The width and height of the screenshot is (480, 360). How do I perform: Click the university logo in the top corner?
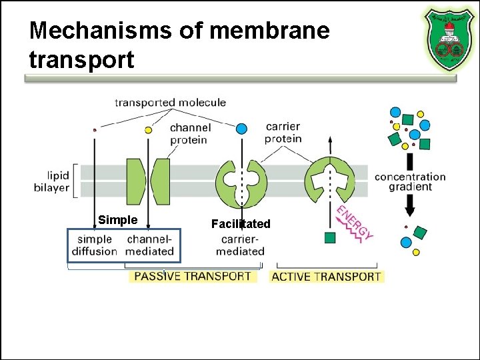click(x=449, y=39)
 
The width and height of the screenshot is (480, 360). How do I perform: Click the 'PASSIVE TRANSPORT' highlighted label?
click(x=193, y=275)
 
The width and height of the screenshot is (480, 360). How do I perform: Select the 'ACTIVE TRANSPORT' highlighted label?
click(x=326, y=276)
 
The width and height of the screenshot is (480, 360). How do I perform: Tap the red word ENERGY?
click(x=354, y=223)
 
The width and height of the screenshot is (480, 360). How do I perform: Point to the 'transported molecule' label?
click(x=170, y=103)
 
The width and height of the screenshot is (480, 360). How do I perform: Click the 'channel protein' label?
click(x=190, y=133)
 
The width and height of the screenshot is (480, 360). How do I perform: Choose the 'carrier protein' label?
click(x=283, y=133)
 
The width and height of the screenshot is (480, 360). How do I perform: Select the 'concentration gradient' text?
click(x=410, y=182)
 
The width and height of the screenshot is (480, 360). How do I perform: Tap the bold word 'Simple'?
click(x=117, y=220)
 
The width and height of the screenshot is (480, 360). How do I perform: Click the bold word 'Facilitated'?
click(x=241, y=224)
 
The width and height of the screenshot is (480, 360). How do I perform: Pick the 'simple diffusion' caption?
click(x=95, y=245)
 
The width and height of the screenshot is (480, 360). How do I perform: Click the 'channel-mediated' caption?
click(x=149, y=245)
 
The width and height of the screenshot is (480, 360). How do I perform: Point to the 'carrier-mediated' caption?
click(x=240, y=245)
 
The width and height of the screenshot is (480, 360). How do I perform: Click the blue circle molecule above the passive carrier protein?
click(x=242, y=128)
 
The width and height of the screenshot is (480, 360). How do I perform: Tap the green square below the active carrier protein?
click(x=329, y=237)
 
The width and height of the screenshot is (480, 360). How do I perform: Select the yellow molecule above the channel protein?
click(x=149, y=130)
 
